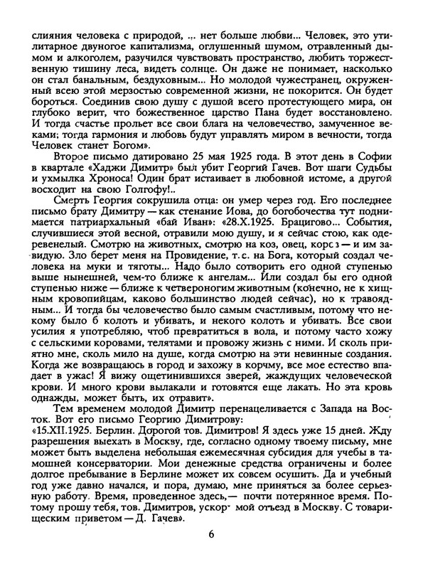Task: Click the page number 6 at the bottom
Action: tap(211, 535)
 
